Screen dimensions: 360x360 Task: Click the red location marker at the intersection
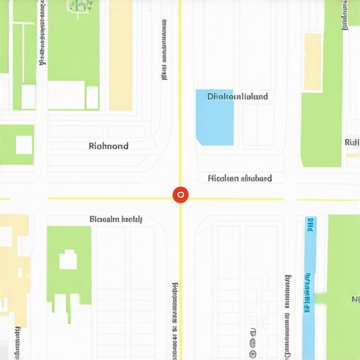tap(180, 195)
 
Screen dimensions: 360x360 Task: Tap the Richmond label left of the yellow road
tap(109, 146)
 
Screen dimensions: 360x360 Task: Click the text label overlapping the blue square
tap(237, 96)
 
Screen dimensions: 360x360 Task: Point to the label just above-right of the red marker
tap(240, 179)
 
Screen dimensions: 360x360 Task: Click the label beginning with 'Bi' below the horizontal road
tap(116, 219)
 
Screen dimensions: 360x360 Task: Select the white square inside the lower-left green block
tap(68, 261)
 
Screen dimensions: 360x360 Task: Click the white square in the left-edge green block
tap(24, 145)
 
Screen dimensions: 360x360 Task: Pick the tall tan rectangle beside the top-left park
tap(120, 56)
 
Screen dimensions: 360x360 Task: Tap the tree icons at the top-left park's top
tap(79, 6)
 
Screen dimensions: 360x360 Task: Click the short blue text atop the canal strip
tap(309, 225)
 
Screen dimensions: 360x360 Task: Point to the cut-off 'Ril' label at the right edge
tap(352, 143)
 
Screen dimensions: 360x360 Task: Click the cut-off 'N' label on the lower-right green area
tap(354, 300)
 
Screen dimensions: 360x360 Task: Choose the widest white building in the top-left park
tap(67, 96)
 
